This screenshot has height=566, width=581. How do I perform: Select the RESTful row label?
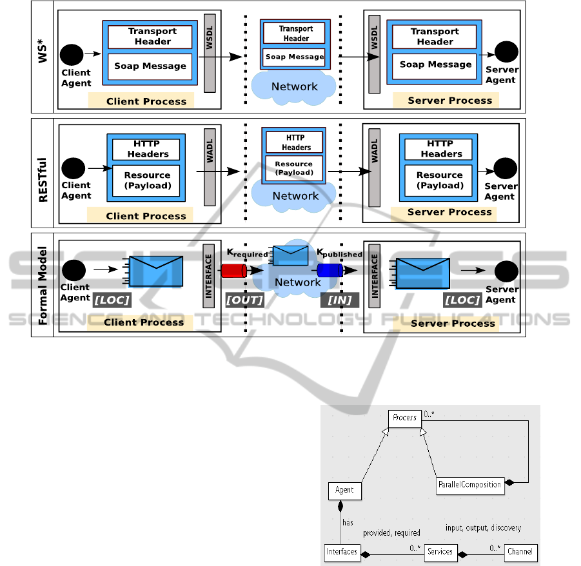44,173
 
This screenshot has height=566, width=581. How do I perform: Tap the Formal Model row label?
44,284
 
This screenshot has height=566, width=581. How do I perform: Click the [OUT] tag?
244,300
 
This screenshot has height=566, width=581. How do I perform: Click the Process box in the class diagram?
405,418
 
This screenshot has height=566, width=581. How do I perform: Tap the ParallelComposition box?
469,485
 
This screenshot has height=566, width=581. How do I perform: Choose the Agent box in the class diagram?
344,490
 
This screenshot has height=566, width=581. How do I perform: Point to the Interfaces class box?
342,552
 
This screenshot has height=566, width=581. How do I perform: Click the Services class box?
440,552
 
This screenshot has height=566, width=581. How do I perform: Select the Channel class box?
520,552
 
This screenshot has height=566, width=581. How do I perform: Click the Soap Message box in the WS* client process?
150,66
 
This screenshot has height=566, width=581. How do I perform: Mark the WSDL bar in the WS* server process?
373,53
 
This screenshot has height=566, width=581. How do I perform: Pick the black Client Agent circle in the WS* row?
72,55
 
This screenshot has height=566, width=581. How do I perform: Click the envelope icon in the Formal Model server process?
422,273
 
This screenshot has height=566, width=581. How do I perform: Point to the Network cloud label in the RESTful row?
295,196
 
